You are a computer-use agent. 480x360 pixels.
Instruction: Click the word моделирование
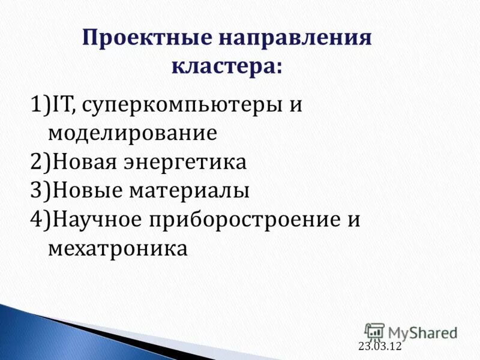[x=132, y=133]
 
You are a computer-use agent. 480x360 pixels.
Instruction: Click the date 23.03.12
[x=379, y=346]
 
